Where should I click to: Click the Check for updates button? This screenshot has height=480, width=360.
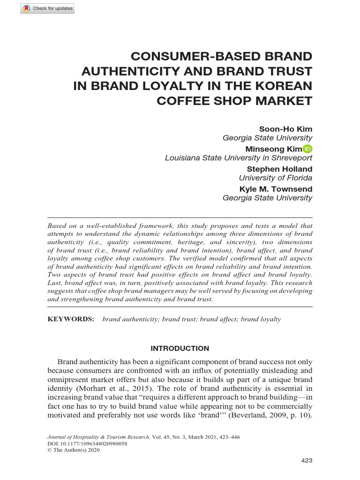pos(47,9)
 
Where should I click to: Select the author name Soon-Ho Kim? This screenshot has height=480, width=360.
pos(285,129)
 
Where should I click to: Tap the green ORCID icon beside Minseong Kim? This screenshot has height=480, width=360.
pos(308,149)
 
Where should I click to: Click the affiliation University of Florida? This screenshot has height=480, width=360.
pos(275,178)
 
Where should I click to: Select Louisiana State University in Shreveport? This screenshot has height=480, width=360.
pos(238,158)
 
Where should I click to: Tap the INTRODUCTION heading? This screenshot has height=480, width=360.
pos(180,348)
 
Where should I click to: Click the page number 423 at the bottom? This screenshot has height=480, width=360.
pos(306,461)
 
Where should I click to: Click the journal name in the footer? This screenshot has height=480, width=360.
pos(99,436)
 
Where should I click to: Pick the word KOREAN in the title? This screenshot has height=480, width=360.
pos(284,86)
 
